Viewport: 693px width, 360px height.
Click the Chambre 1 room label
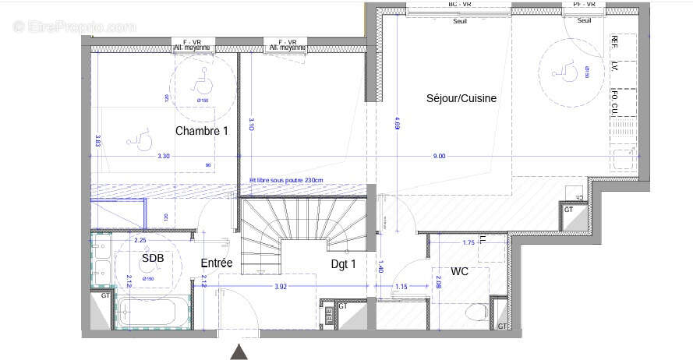(x=201, y=131)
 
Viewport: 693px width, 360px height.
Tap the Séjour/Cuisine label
(x=461, y=98)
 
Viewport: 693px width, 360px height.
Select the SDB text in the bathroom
(x=152, y=258)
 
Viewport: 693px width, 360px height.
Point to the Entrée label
(x=216, y=263)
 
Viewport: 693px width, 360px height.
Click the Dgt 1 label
(x=343, y=264)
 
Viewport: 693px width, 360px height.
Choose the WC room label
(x=458, y=272)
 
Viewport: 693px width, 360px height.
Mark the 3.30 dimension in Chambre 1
(x=163, y=157)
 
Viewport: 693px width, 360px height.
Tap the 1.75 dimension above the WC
(x=468, y=243)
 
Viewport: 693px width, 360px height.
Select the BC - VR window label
(x=460, y=4)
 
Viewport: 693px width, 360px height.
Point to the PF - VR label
(x=584, y=4)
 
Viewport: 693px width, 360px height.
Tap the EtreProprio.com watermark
(x=74, y=26)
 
